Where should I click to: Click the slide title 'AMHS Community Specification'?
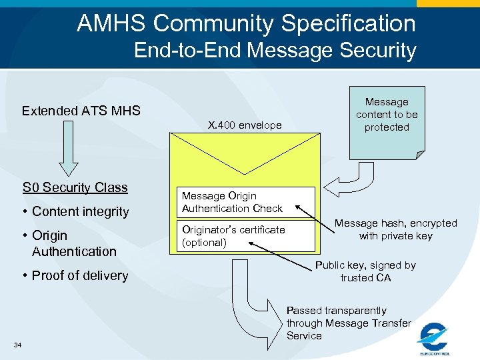246,23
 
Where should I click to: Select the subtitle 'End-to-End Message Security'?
275,51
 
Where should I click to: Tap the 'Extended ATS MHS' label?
81,111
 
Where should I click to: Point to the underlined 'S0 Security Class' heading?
75,187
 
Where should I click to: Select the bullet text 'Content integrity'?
80,212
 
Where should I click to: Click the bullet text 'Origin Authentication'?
73,243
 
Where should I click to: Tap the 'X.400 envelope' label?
245,125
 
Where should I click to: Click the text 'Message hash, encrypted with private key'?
395,229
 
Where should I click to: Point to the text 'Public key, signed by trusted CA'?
365,271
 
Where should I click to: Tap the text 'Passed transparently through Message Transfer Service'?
348,323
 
